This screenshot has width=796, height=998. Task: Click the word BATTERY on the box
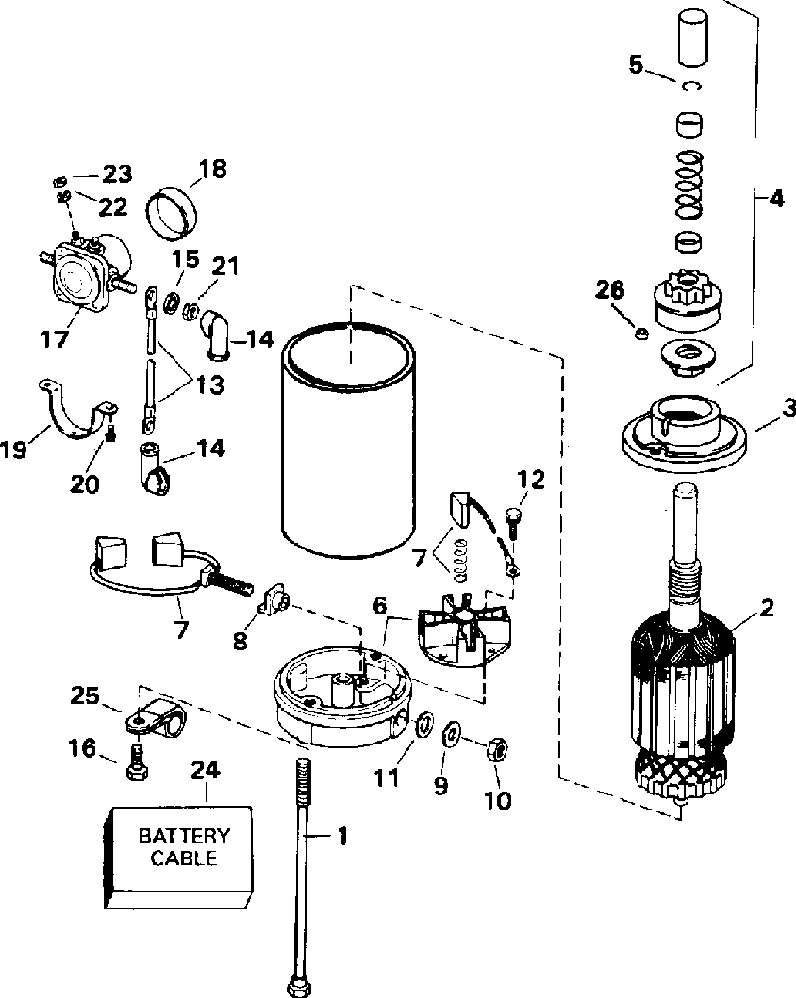click(184, 835)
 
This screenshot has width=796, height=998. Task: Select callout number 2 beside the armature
click(767, 608)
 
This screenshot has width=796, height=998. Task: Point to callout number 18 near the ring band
click(213, 170)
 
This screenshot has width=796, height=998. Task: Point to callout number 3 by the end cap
click(789, 408)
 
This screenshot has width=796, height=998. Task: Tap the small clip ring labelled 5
click(690, 87)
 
